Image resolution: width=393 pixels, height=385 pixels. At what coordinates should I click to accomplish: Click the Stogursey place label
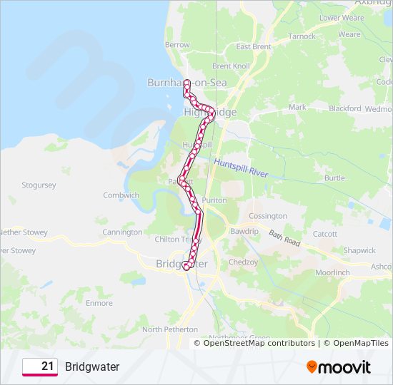tap(39, 185)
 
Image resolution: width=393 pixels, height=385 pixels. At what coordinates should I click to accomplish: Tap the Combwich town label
tap(121, 195)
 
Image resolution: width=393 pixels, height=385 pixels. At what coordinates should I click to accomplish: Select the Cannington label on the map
tap(122, 232)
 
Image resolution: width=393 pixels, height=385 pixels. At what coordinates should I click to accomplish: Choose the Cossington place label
tap(268, 216)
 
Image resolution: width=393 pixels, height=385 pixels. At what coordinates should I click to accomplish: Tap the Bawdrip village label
tap(244, 232)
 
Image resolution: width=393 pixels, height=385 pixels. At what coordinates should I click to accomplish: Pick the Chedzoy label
tap(243, 262)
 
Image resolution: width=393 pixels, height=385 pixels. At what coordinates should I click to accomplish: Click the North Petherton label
tap(169, 329)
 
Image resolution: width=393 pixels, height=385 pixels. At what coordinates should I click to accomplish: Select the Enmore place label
tap(99, 303)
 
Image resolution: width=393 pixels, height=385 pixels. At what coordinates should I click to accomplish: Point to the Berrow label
tap(177, 44)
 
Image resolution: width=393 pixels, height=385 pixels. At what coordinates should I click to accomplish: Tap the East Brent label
tap(254, 47)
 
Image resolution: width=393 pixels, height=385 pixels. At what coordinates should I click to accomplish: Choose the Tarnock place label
tap(302, 36)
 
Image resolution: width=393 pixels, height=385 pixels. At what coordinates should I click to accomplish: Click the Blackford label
tap(345, 108)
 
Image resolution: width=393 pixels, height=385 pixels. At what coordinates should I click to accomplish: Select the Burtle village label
tap(334, 178)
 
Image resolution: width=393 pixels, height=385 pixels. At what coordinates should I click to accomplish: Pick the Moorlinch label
tap(333, 273)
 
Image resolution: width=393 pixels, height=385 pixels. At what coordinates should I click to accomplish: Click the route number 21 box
tap(40, 366)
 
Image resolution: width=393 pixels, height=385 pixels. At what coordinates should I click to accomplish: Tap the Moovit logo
tap(339, 367)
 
